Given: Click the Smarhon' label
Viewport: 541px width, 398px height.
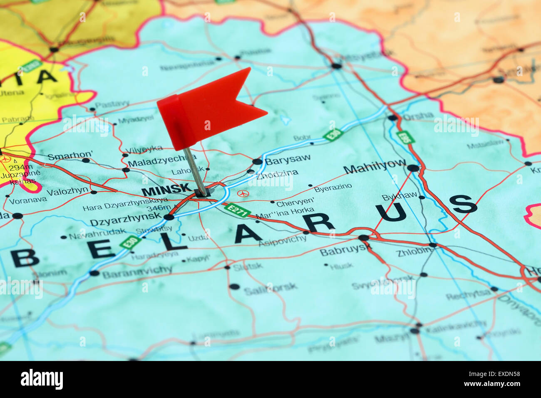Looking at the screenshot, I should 70,156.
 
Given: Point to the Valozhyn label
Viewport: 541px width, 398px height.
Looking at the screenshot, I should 67,191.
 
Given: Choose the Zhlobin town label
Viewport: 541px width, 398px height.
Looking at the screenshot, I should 414,252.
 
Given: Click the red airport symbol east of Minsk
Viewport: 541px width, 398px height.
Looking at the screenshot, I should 243,193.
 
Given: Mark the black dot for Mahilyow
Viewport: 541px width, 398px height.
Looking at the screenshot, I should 413,168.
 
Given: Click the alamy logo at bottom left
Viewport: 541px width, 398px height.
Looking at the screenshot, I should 42,379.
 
